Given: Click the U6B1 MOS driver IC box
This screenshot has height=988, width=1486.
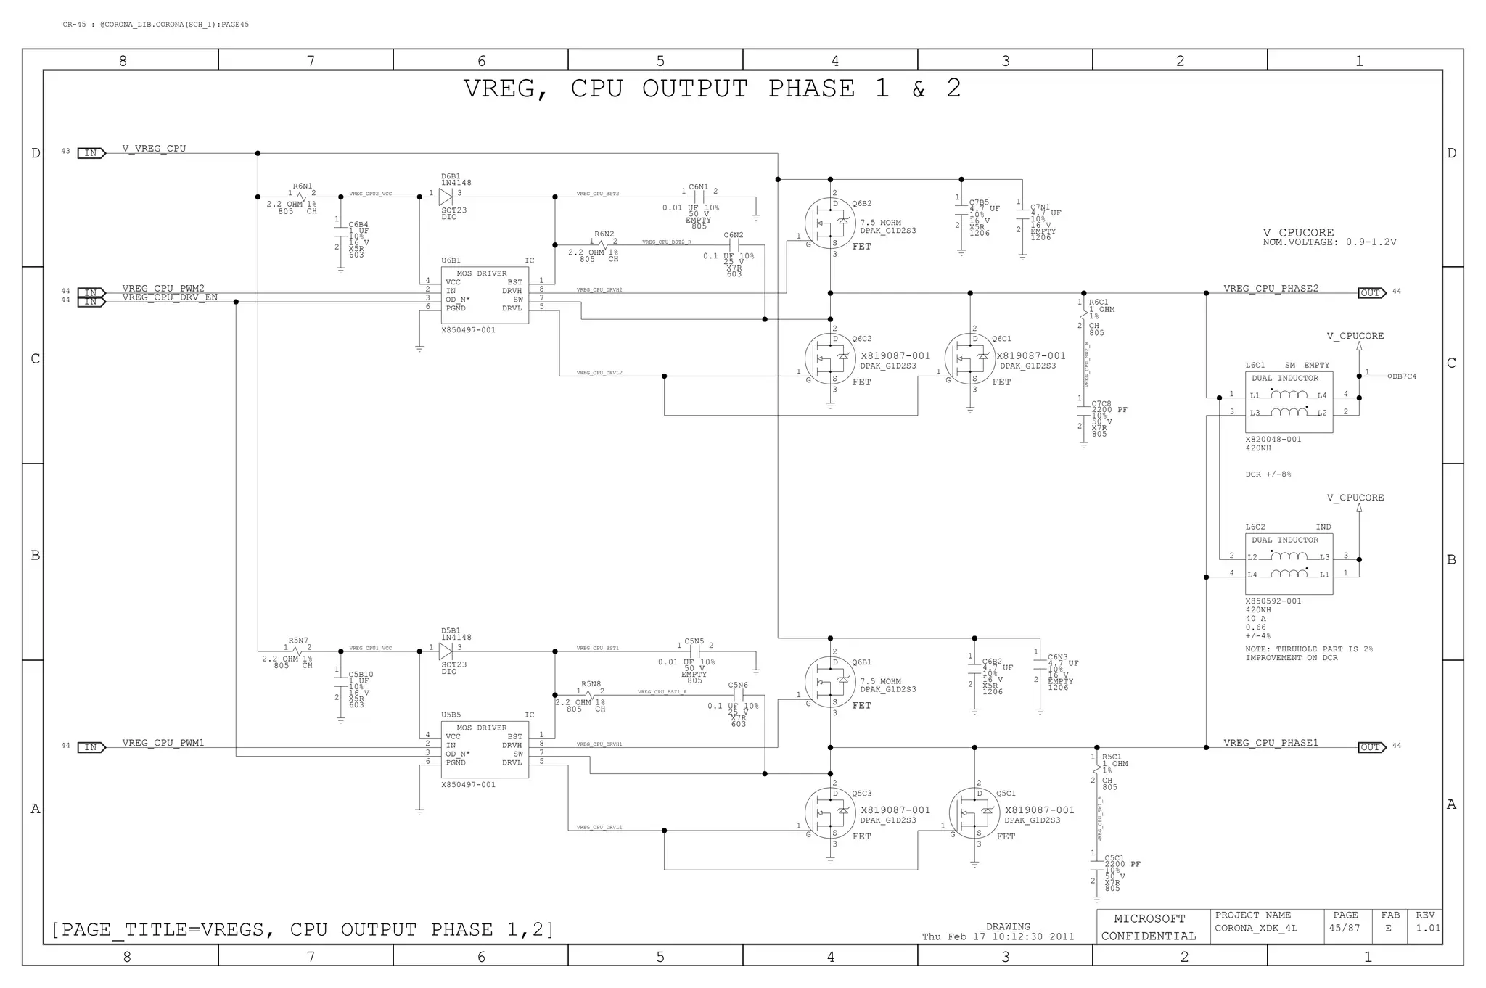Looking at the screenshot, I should tap(485, 295).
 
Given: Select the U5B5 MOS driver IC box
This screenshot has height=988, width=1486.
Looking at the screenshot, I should tap(485, 749).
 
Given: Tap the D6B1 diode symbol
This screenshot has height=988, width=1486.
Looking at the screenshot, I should tap(446, 197).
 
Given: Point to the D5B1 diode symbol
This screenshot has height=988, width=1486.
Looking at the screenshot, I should tap(446, 651).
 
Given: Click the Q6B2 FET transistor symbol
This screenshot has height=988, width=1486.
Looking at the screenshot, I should tap(830, 224).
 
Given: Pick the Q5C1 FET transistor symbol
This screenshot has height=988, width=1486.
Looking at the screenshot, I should tap(974, 813).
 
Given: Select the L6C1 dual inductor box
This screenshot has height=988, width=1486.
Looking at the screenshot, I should tap(1289, 403).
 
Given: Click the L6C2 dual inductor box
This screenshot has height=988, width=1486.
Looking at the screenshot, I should tap(1289, 564).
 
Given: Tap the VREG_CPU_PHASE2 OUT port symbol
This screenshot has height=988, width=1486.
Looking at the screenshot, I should tap(1371, 293).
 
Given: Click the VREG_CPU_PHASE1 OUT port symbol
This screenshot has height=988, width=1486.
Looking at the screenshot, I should tap(1371, 747).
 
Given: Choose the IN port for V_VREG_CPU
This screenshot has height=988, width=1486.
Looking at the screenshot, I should tap(91, 153).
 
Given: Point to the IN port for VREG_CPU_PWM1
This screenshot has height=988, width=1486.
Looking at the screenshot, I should tap(91, 747).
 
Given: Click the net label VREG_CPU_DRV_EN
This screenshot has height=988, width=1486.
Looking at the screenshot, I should tap(170, 297).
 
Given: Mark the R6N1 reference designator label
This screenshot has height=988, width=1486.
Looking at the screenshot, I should tap(303, 186).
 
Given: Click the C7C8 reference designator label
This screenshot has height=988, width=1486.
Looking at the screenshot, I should tap(1101, 403).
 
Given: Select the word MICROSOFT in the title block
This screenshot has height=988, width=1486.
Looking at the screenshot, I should tap(1149, 919).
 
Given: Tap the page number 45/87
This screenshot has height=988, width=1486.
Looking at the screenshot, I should tap(1344, 929).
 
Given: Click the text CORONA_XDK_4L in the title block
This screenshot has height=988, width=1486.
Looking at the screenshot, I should tap(1256, 929).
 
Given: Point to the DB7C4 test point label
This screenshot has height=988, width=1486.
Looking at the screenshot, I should tap(1404, 376).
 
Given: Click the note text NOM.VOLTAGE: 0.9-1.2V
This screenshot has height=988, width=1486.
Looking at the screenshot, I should tap(1329, 242).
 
